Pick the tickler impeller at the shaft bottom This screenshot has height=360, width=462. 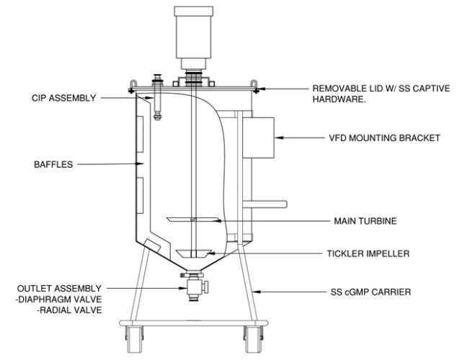coord(193,253)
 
